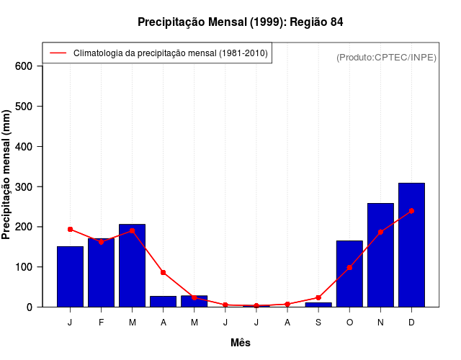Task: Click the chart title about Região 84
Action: pyautogui.click(x=241, y=22)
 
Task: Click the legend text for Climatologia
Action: pyautogui.click(x=171, y=53)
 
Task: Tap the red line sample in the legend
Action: pyautogui.click(x=58, y=53)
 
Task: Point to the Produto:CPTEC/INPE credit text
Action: pyautogui.click(x=386, y=57)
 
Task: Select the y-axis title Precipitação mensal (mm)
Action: pyautogui.click(x=7, y=179)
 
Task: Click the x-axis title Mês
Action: pyautogui.click(x=241, y=343)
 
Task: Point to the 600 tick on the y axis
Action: pyautogui.click(x=24, y=66)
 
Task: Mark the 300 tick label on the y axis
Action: pyautogui.click(x=24, y=186)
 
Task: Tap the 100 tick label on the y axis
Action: pyautogui.click(x=24, y=267)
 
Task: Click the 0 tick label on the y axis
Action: pyautogui.click(x=30, y=307)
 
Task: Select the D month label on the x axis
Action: pyautogui.click(x=411, y=323)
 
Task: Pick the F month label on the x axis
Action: pyautogui.click(x=101, y=323)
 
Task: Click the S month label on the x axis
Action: pyautogui.click(x=318, y=323)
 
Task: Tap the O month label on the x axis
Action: pyautogui.click(x=349, y=323)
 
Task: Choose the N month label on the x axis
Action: pyautogui.click(x=380, y=323)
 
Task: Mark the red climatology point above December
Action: pyautogui.click(x=411, y=211)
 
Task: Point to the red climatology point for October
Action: pyautogui.click(x=349, y=267)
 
